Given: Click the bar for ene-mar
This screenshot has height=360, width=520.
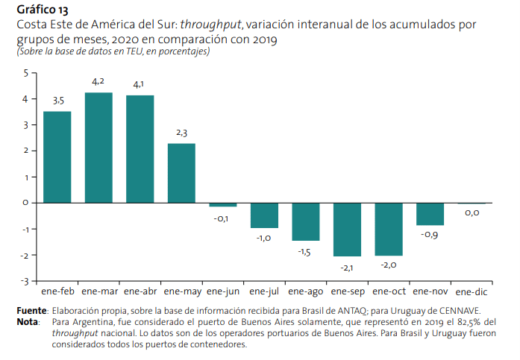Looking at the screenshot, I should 98,148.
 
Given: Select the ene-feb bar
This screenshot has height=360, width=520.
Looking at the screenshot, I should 57,157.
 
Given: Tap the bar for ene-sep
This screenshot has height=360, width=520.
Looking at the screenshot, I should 347,229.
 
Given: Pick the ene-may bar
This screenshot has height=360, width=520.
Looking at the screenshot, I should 181,172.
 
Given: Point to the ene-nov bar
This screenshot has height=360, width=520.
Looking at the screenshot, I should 430,214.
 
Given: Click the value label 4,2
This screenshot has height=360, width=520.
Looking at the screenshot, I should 98,81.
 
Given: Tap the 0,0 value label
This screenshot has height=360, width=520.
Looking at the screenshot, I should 472,213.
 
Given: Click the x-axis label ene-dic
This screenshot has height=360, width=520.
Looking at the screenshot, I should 472,291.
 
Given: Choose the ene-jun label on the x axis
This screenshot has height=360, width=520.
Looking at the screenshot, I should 222,291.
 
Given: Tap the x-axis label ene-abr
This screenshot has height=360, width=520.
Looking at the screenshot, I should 140,291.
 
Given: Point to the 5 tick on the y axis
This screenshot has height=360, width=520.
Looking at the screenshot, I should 25,72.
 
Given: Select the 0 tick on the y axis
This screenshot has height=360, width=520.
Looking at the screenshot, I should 25,203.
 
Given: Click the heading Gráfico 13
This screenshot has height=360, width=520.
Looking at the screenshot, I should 42,10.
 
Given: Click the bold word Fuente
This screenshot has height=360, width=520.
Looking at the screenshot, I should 32,310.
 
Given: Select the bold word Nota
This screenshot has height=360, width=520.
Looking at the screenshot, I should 28,321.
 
